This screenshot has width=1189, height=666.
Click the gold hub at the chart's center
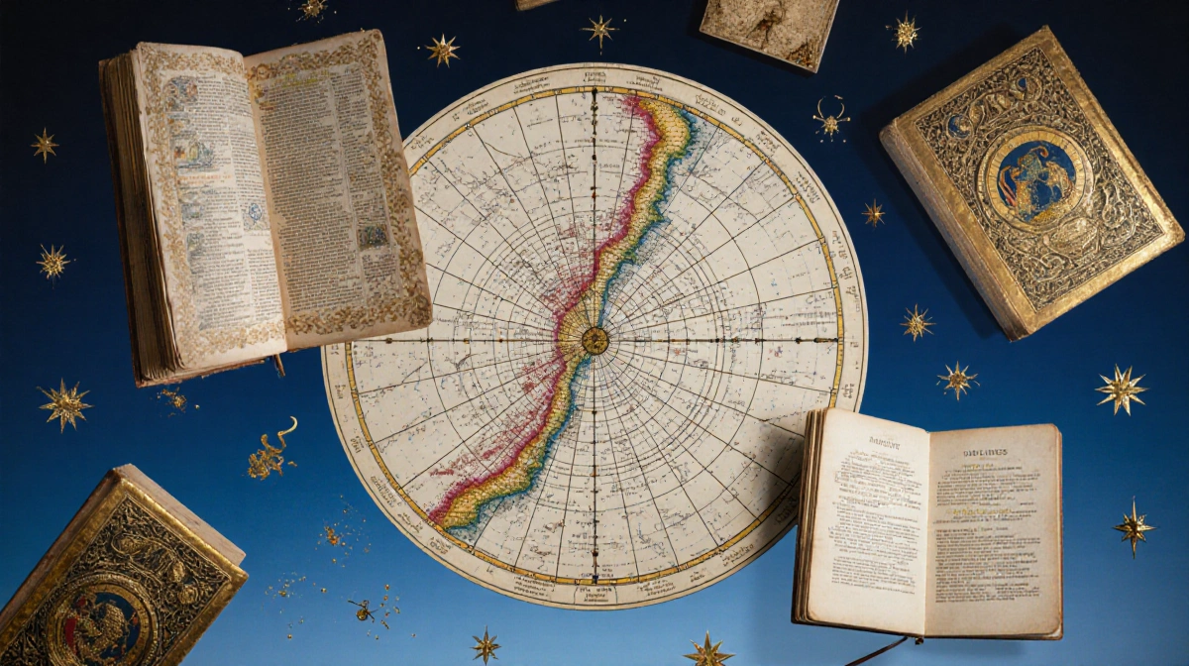click(x=594, y=340)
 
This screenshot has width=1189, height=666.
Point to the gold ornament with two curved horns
click(x=830, y=118)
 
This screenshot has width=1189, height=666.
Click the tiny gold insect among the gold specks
click(x=362, y=609)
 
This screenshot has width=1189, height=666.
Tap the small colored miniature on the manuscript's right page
click(x=374, y=236)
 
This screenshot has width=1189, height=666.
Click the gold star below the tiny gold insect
click(x=486, y=646)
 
